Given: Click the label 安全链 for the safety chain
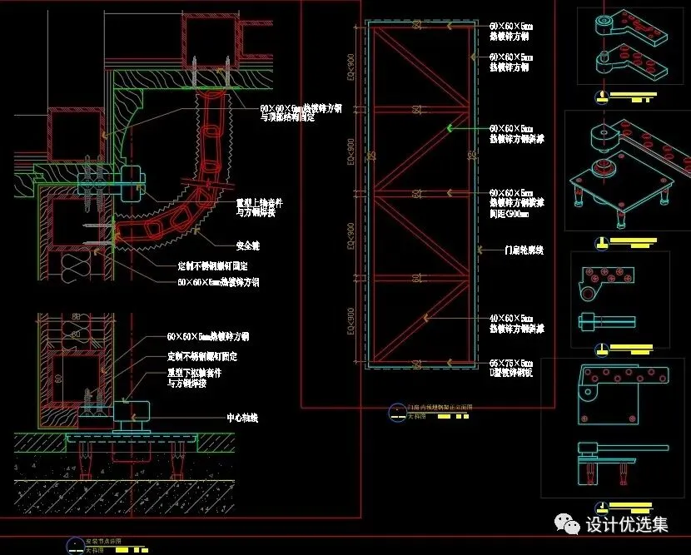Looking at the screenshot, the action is [x=248, y=245].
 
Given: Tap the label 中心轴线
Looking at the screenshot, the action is [x=241, y=418].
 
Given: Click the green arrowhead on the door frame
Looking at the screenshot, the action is [x=450, y=128].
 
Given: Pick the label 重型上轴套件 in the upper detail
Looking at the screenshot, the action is [x=261, y=202].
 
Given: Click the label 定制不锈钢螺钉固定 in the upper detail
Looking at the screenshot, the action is [x=213, y=266].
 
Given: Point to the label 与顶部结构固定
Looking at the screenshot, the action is [x=287, y=118].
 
